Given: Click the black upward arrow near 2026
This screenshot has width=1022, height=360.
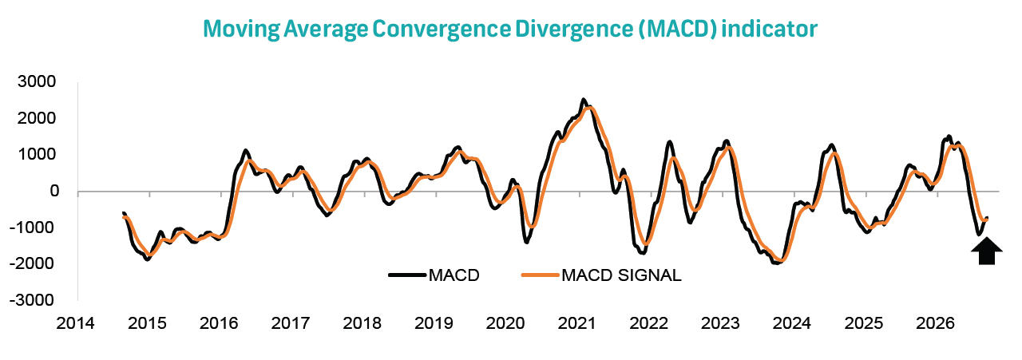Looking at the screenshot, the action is tap(986, 251).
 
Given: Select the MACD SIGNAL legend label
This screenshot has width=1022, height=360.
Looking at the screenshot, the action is tap(621, 275).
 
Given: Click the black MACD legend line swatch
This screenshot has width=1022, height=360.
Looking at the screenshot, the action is tap(408, 275).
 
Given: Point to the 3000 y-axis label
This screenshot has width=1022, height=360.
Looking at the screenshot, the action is tap(37, 81).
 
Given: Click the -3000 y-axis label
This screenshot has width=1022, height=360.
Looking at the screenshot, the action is tap(32, 300).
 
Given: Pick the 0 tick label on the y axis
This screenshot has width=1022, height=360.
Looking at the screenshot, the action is tap(54, 192).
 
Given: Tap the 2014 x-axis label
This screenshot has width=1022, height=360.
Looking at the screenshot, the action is tap(75, 323).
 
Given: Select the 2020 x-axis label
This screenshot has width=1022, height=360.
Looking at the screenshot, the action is tap(505, 323).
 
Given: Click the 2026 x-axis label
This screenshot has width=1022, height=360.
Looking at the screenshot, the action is tap(935, 323).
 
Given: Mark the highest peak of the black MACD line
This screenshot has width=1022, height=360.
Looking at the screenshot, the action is tap(584, 100).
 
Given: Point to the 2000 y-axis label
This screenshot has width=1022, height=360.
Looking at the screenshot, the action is tap(37, 118).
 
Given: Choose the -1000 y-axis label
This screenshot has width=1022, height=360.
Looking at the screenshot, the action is tap(32, 227).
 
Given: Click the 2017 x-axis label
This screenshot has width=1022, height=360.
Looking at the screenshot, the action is tap(290, 323).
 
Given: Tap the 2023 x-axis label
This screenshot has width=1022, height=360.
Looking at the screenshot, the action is tap(720, 323).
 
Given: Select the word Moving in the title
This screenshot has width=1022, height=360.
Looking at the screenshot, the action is tap(241, 29).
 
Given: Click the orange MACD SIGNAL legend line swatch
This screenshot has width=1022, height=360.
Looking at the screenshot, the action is tap(541, 275).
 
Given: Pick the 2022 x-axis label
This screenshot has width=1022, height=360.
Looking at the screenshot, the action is tap(649, 323).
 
